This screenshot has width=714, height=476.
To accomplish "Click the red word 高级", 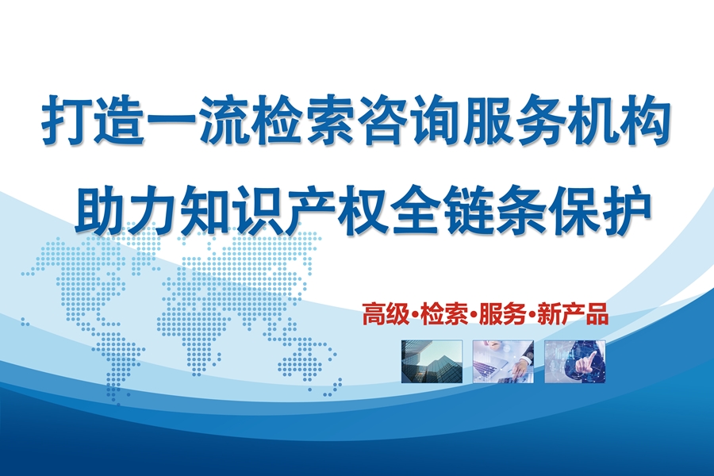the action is click(386, 314).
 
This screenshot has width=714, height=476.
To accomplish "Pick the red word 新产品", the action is click(572, 314).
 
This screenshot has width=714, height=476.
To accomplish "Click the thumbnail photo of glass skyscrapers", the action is click(432, 361).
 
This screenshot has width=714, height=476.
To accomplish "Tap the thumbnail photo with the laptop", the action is click(503, 361).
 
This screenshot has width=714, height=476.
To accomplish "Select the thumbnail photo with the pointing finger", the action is click(574, 361).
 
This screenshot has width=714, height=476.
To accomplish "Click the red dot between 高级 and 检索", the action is click(414, 315).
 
